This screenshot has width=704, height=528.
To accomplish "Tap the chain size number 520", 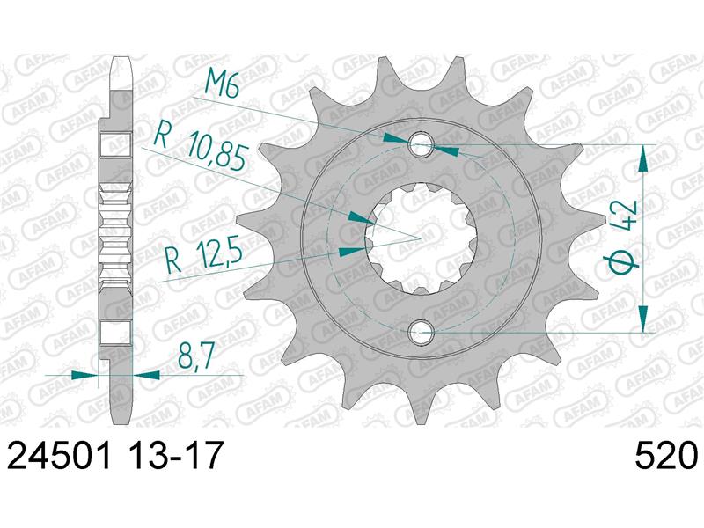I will (665, 458).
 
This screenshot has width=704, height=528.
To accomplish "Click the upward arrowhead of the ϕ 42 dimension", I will (644, 158).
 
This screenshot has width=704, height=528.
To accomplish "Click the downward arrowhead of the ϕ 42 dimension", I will (644, 319).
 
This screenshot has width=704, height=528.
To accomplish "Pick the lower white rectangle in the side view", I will (116, 332).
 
